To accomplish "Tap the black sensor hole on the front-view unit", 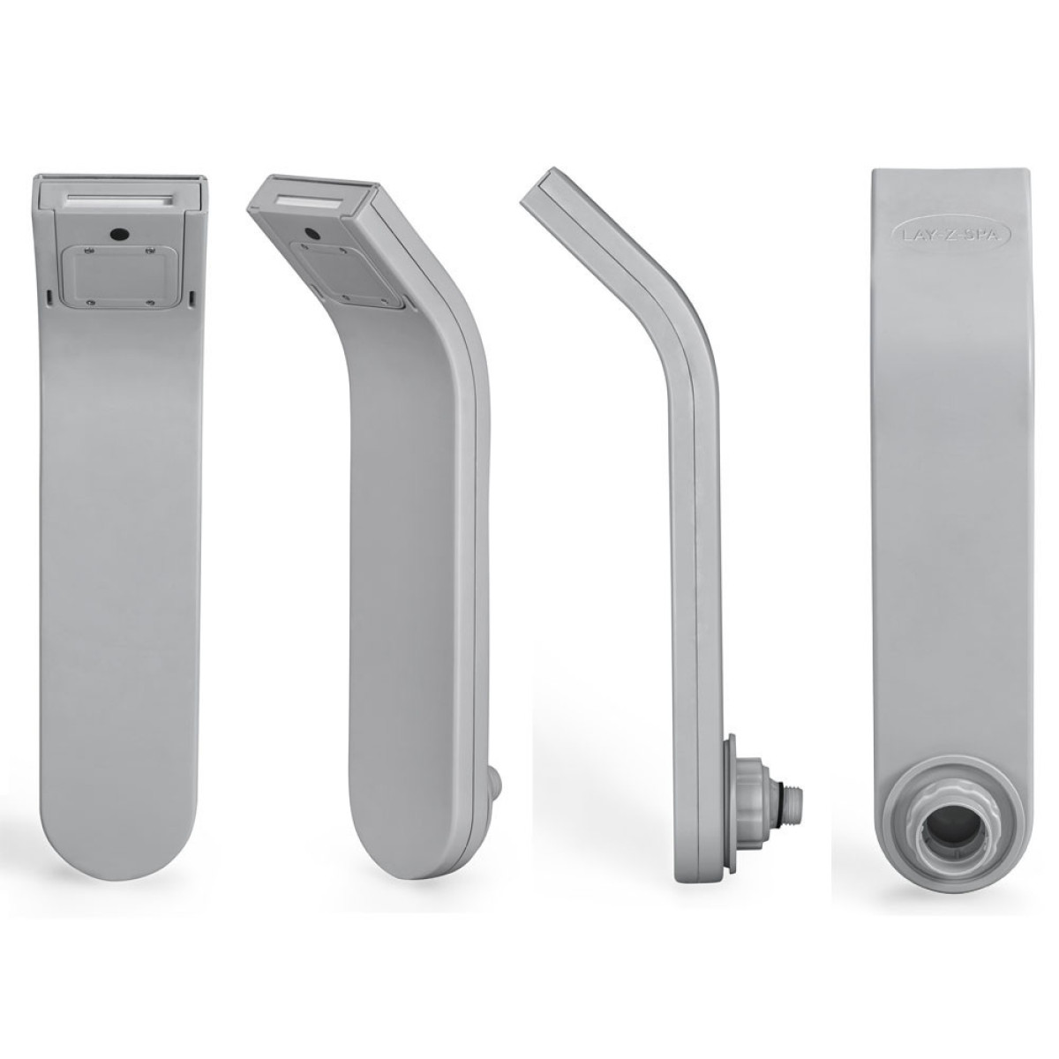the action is (x=117, y=234).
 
